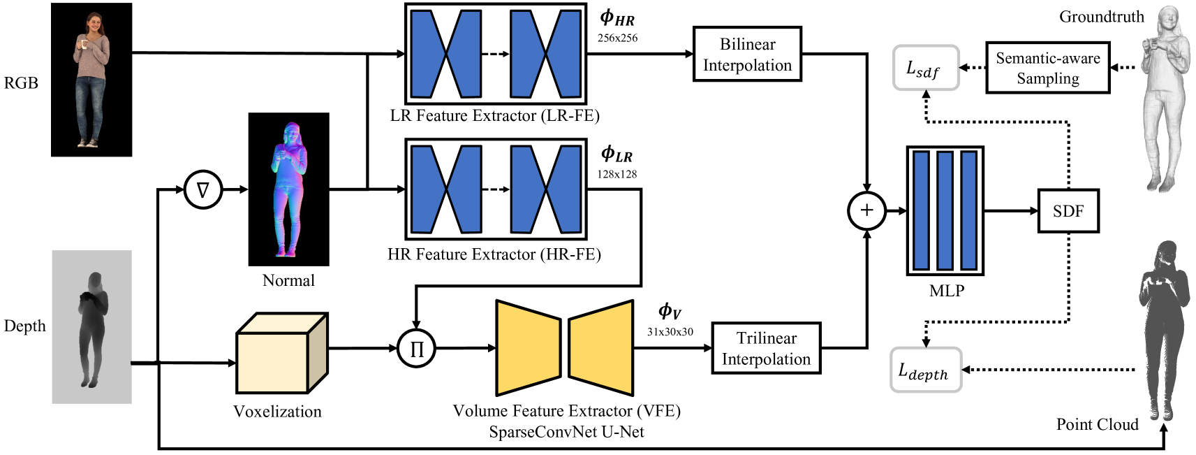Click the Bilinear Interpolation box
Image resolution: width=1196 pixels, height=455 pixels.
coord(747,55)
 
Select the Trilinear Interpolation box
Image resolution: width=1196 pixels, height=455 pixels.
coord(766,348)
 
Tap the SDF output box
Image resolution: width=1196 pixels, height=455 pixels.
coord(1068,211)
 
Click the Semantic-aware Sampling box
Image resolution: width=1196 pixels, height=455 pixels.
coord(1047,68)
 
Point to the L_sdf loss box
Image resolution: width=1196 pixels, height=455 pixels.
coord(926,68)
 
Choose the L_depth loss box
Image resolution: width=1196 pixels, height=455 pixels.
coord(926,370)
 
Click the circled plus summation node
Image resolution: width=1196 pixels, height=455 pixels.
coord(866,210)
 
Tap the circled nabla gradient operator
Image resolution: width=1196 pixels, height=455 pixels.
coord(202,189)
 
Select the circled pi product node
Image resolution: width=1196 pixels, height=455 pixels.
coord(416,348)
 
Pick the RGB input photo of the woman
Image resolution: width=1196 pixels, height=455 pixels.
coord(91,80)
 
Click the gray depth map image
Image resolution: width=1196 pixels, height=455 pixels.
coord(91,327)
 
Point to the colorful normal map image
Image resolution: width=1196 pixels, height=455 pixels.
coord(288,189)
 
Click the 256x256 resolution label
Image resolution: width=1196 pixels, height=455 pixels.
coord(617,38)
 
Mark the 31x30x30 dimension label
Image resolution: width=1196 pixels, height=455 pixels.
coord(670,332)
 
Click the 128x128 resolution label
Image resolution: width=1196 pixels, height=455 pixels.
coord(617,175)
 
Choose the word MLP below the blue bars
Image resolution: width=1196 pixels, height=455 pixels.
coord(946,291)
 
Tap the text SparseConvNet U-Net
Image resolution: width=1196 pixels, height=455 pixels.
coord(566,432)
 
